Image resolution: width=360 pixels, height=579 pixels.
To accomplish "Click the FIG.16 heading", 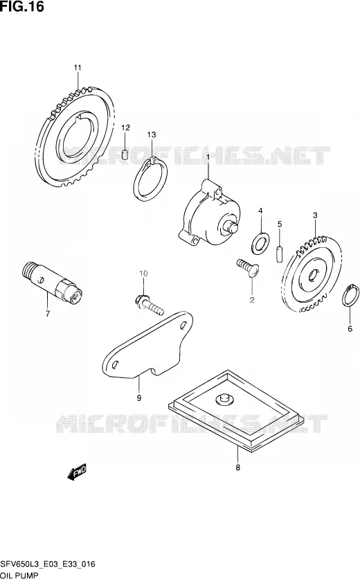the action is (x=22, y=6).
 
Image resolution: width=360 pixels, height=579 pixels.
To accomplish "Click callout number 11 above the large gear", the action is (x=77, y=68).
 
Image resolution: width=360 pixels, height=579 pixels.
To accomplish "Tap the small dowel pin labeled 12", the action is (x=125, y=153).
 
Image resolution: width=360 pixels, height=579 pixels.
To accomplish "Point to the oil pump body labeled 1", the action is (x=208, y=213).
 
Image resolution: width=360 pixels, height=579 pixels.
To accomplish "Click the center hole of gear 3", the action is (x=313, y=274).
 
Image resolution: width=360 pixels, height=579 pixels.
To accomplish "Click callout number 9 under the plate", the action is (x=139, y=398).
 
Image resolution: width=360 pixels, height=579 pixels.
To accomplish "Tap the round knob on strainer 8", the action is (x=224, y=398).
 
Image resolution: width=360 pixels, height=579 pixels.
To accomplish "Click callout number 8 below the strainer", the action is (x=237, y=468).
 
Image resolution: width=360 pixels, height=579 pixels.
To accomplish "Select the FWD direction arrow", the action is (x=77, y=472).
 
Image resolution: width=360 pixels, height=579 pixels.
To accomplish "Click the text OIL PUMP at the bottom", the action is (x=19, y=575).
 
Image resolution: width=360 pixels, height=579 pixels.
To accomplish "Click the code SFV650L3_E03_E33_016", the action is (x=48, y=564).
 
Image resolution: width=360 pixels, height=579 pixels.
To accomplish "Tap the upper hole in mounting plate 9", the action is (x=183, y=326).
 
